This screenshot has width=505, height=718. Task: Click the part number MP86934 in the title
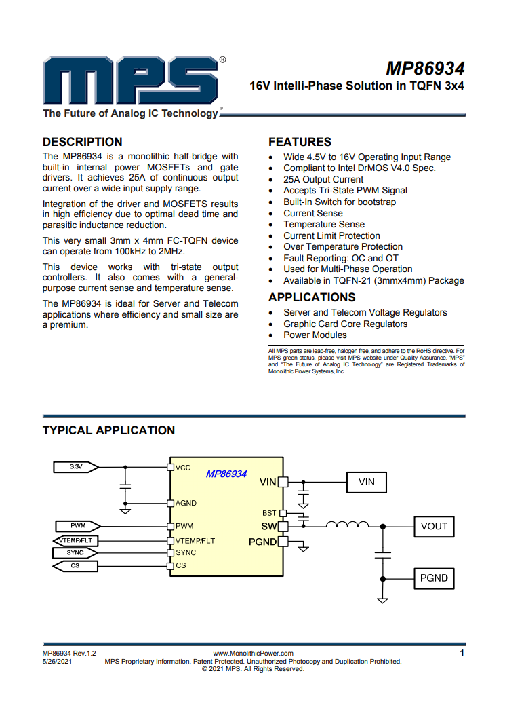pos(426,69)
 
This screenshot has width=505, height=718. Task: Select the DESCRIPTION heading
pos(82,142)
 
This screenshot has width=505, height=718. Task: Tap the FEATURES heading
pos(300,142)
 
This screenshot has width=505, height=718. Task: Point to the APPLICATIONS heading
pos(312,298)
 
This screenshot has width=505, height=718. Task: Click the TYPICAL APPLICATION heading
pos(109,430)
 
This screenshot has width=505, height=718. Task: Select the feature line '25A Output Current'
pos(323,179)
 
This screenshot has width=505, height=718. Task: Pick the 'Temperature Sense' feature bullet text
pos(324,225)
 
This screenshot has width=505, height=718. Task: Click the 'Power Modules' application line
pos(315,335)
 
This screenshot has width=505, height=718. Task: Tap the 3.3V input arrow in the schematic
pos(76,467)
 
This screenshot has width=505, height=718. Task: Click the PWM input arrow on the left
pos(78,526)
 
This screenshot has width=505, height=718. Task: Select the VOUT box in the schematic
pos(434,526)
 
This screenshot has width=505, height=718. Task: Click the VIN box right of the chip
pos(367,483)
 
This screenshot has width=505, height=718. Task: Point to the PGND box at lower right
pos(434,578)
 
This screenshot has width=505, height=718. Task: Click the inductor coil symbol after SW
pos(347,525)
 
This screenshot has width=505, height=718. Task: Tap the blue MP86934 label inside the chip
pos(226,474)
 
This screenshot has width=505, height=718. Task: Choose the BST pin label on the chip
pos(269,513)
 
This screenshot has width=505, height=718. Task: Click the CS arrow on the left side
pos(75,566)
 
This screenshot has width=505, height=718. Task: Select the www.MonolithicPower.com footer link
pos(253,654)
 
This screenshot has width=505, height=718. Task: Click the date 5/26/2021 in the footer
pos(57,662)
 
